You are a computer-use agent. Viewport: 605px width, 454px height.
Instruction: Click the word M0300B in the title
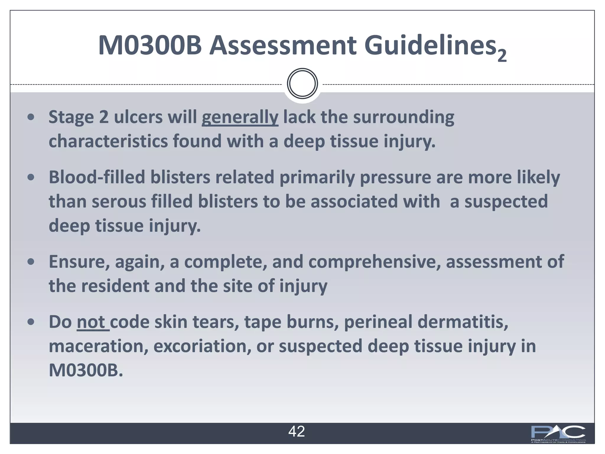(x=150, y=46)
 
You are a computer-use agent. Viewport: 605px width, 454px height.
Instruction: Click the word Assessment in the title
(x=283, y=46)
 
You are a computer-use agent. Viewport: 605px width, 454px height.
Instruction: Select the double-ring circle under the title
(x=302, y=84)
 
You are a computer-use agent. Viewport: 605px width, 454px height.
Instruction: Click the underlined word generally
(x=240, y=117)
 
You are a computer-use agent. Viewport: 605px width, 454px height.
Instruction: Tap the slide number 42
(x=296, y=432)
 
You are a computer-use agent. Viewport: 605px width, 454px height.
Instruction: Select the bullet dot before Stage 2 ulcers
(x=31, y=117)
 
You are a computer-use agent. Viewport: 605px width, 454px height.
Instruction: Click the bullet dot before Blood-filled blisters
(x=31, y=178)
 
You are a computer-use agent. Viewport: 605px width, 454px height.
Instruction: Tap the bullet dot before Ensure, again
(x=31, y=262)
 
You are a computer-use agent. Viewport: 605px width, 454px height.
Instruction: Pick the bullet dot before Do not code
(x=31, y=322)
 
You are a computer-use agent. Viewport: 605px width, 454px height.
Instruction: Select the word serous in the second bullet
(x=119, y=202)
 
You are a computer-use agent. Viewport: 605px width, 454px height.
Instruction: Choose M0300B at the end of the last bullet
(x=86, y=370)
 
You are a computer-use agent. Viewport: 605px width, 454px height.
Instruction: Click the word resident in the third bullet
(x=115, y=286)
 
